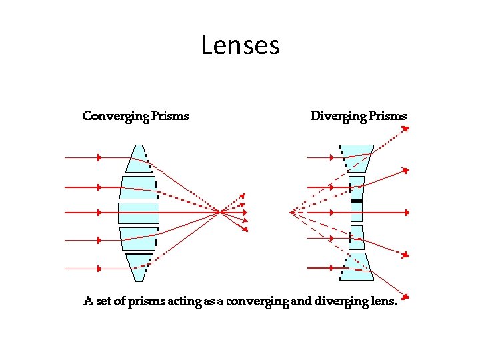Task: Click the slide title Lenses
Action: pos(240,45)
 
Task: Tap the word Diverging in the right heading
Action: pos(339,116)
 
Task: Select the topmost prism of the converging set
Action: pos(139,158)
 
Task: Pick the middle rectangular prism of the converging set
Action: pos(139,213)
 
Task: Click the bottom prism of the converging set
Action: pos(139,267)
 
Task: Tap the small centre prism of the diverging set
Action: pos(356,213)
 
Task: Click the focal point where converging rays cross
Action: pos(219,213)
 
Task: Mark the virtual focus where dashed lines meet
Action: pos(292,213)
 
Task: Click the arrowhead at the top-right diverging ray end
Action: pos(407,130)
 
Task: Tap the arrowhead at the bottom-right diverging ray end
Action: pos(407,295)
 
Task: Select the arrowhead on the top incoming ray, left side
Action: pos(99,158)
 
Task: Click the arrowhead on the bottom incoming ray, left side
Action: pos(99,268)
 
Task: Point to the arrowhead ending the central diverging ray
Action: pos(407,213)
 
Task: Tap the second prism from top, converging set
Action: pos(139,186)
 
